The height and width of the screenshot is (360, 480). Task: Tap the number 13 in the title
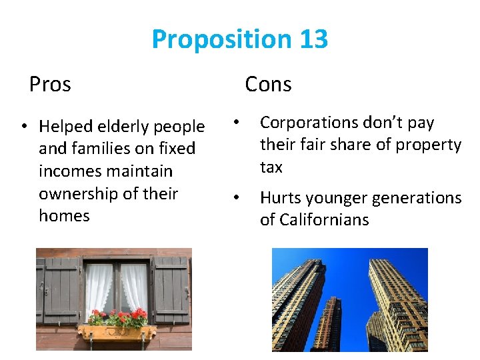pos(313,40)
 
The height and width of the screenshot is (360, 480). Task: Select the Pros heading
pos(50,85)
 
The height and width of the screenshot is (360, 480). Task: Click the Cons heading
pos(268,85)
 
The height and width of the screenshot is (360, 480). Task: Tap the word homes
pos(64,216)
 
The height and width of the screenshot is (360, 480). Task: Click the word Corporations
pos(309,123)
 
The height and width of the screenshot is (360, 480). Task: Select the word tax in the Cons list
pos(271,167)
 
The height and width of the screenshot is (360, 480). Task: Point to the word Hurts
pos(281,198)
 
